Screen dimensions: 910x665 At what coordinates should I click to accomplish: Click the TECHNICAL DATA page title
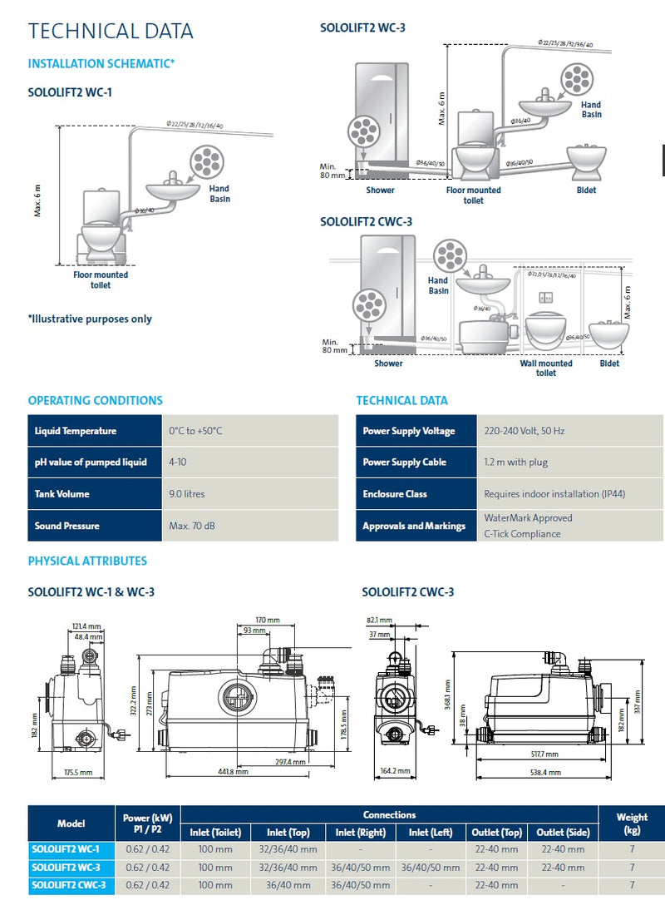click(x=111, y=32)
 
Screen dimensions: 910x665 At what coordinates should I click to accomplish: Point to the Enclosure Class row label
click(x=395, y=494)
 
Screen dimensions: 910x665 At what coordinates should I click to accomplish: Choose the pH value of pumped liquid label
click(x=91, y=462)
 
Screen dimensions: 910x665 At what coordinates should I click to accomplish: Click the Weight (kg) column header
click(x=632, y=823)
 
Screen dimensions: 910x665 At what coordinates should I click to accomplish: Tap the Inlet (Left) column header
click(x=431, y=832)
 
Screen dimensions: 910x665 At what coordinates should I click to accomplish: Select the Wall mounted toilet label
click(x=546, y=368)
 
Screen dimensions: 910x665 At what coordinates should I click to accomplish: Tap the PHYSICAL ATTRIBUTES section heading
click(x=87, y=561)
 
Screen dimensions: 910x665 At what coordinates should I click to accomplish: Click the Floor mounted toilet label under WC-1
click(x=100, y=279)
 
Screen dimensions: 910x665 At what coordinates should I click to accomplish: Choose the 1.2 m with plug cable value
click(x=515, y=462)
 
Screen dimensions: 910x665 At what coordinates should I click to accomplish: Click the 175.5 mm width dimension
click(x=77, y=772)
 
